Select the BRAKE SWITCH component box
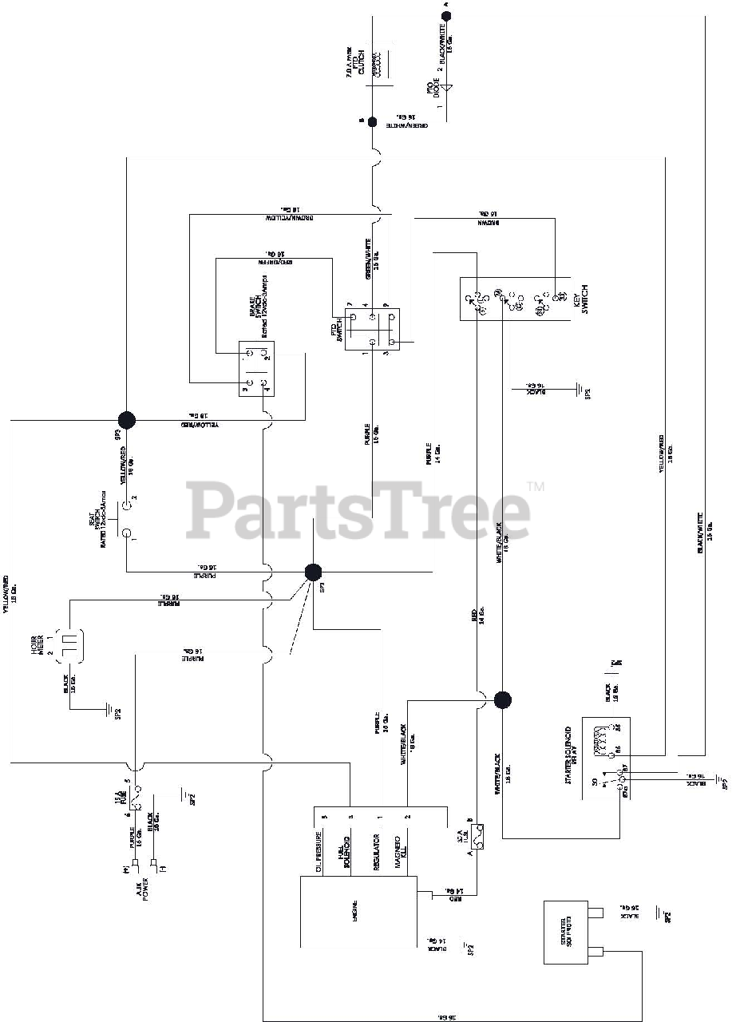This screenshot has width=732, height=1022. click(x=257, y=369)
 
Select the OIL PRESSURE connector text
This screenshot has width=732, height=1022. click(x=319, y=850)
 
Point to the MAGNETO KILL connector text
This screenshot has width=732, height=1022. click(x=402, y=850)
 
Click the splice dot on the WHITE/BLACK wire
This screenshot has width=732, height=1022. click(x=502, y=700)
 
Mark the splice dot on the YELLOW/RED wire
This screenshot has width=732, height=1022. click(x=126, y=420)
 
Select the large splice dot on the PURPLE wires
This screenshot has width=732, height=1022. click(x=313, y=572)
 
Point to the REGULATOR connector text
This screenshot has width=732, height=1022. click(x=374, y=850)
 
